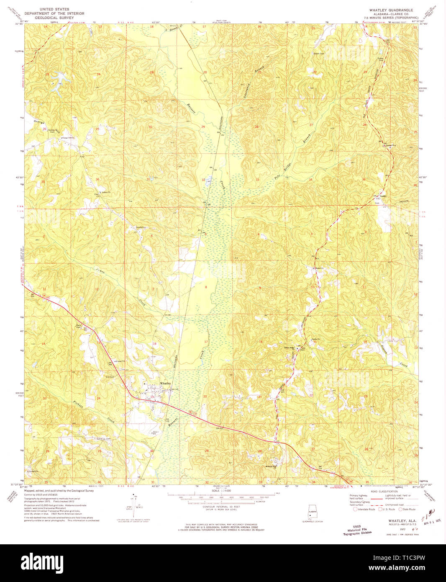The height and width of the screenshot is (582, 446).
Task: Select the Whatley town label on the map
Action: coord(165,384)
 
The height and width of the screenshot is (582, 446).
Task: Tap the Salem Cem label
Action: coord(319,54)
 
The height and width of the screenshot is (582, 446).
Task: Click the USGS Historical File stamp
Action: coord(357,530)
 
